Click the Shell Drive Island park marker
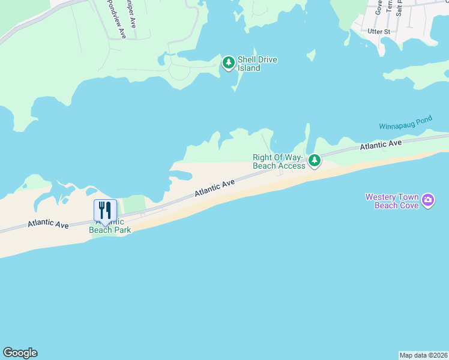pyautogui.click(x=228, y=62)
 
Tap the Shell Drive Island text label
pyautogui.click(x=257, y=64)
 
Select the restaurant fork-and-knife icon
pyautogui.click(x=105, y=209)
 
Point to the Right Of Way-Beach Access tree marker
pyautogui.click(x=314, y=160)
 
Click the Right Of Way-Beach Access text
pyautogui.click(x=279, y=162)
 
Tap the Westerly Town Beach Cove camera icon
pyautogui.click(x=427, y=200)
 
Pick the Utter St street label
pyautogui.click(x=379, y=31)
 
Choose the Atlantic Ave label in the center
pyautogui.click(x=214, y=188)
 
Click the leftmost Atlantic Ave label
pyautogui.click(x=48, y=223)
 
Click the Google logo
pyautogui.click(x=20, y=353)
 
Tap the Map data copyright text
pyautogui.click(x=423, y=355)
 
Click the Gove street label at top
pyautogui.click(x=379, y=7)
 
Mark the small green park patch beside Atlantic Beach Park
pyautogui.click(x=135, y=204)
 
